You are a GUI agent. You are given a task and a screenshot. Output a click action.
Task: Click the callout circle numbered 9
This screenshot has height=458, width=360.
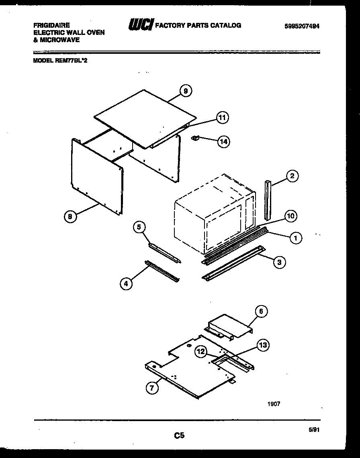click(x=185, y=91)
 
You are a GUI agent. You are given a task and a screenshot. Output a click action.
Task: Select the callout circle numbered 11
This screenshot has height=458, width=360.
click(x=222, y=117)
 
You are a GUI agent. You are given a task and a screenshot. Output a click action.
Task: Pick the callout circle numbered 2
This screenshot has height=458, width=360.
click(x=292, y=176)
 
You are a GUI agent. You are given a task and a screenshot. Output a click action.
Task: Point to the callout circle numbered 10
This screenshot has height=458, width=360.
click(x=290, y=216)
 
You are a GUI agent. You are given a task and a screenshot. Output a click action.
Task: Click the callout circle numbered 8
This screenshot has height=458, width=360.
click(x=70, y=217)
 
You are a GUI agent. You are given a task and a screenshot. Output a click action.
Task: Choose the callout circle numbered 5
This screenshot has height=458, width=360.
click(x=139, y=227)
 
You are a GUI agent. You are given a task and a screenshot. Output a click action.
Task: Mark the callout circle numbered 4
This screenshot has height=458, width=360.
click(x=126, y=283)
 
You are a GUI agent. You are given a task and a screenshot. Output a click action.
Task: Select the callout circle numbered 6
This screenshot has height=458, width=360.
click(x=262, y=311)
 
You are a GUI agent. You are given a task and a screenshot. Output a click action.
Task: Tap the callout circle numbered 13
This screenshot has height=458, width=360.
click(x=263, y=345)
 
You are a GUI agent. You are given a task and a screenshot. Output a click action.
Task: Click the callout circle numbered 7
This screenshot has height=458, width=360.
click(x=152, y=388)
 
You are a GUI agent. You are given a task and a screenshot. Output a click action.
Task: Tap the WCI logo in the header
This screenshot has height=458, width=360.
click(x=140, y=25)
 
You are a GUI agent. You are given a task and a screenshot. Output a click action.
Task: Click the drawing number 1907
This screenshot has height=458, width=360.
click(x=274, y=404)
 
